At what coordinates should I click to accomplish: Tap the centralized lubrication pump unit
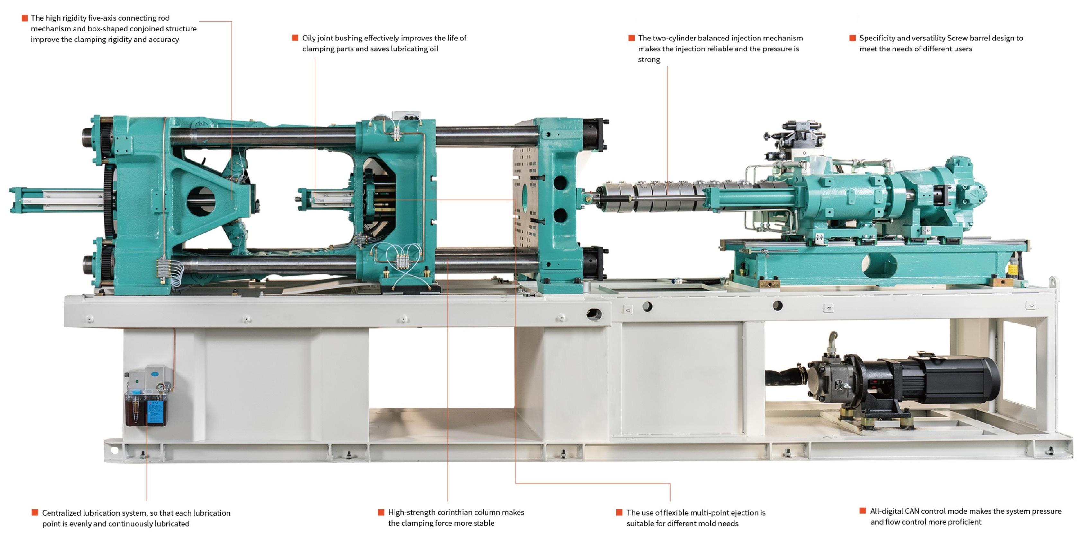click(x=147, y=396)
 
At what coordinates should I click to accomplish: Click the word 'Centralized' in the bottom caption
click(x=61, y=513)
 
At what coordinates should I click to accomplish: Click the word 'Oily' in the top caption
click(x=309, y=38)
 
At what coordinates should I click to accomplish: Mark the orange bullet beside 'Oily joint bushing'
click(x=295, y=38)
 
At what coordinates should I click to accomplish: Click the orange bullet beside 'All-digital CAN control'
click(x=862, y=510)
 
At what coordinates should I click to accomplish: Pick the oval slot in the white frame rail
click(x=594, y=314)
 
